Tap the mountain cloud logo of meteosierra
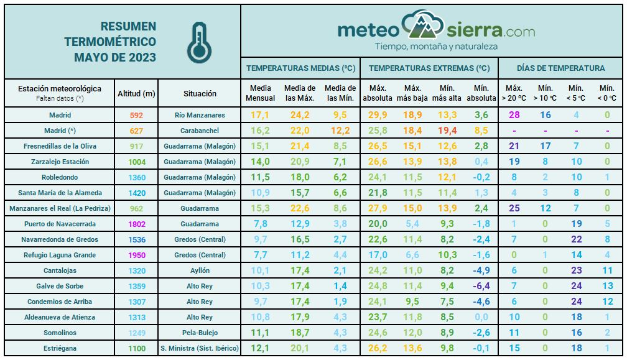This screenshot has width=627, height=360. pos(422,25)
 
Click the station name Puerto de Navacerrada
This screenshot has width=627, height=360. pos(60,224)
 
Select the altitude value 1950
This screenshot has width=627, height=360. pos(137,255)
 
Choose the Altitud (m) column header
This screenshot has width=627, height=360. pos(137,94)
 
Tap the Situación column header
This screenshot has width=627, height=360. pos(200,94)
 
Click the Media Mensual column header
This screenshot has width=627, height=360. pos(260,93)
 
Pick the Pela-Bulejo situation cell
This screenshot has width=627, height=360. pos(200,333)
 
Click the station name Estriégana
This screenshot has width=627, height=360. pos(60,348)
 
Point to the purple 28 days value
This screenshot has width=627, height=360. pos(514,115)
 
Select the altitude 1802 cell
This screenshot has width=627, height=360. pos(137,224)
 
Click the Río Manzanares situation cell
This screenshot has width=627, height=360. pos(200,115)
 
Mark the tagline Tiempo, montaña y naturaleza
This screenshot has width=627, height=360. pos(436,47)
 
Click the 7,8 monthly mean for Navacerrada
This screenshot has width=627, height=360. pos(260,224)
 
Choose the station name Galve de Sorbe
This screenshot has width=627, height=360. pos(60,286)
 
